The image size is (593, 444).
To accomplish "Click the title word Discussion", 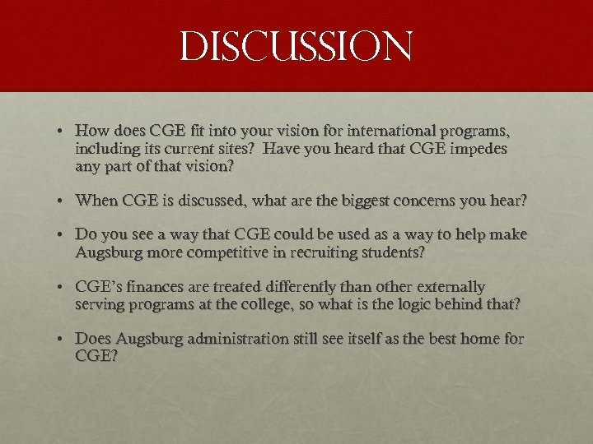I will (x=296, y=47).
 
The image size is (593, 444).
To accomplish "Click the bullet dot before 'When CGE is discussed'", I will (x=63, y=201).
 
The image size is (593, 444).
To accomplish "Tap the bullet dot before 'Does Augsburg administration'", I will (x=63, y=340).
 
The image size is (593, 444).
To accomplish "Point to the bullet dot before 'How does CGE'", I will (x=63, y=132).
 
